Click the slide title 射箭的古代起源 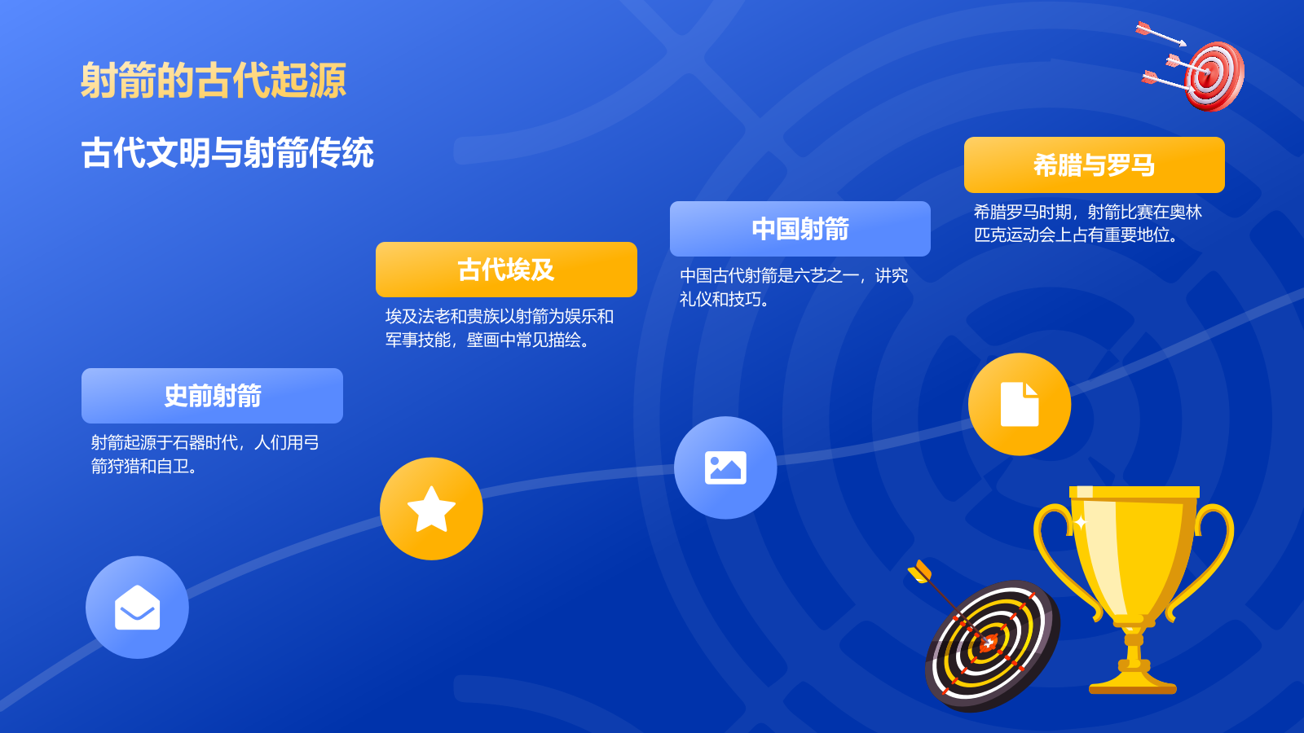(214, 81)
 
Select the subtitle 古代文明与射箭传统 (227, 153)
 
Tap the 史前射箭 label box (212, 396)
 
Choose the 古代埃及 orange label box (506, 270)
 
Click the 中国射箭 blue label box (800, 229)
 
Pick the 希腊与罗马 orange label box (1094, 165)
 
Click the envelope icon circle (137, 608)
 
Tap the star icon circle (431, 509)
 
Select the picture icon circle (725, 467)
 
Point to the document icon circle (1020, 404)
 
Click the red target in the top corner (1214, 75)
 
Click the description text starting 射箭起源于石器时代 (205, 454)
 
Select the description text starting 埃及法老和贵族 (499, 328)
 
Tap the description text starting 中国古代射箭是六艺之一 (793, 287)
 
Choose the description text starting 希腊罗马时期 (1087, 224)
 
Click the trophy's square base (1133, 683)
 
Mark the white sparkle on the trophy (1081, 522)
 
